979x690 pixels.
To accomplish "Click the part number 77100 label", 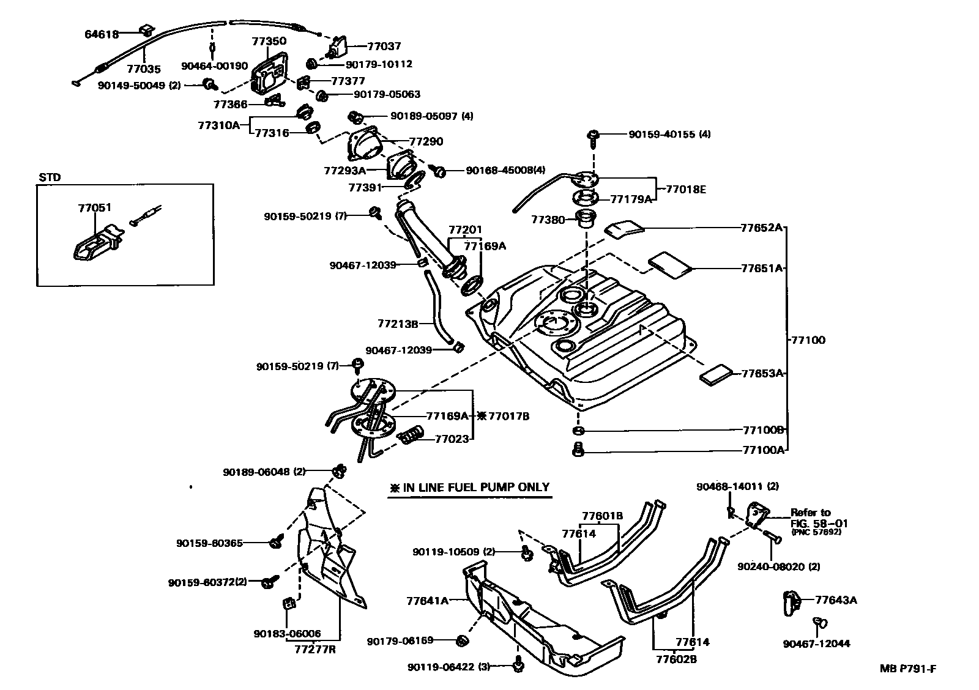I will tap(808, 339).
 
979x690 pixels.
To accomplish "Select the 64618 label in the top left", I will tap(101, 34).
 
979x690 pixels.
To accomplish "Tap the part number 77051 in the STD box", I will tap(94, 207).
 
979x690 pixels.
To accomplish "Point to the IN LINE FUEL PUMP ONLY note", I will tap(470, 488).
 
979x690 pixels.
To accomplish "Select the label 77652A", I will tap(761, 228).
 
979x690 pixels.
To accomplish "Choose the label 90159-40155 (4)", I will tap(669, 134).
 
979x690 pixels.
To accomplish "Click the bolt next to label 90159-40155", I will tap(594, 137).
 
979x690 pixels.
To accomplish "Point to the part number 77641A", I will tap(427, 601).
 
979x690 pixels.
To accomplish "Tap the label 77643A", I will tap(836, 599).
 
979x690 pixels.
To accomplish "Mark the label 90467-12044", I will tap(816, 644).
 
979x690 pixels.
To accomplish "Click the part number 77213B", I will tap(398, 323).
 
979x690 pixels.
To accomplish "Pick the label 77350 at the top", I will tap(269, 42).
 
